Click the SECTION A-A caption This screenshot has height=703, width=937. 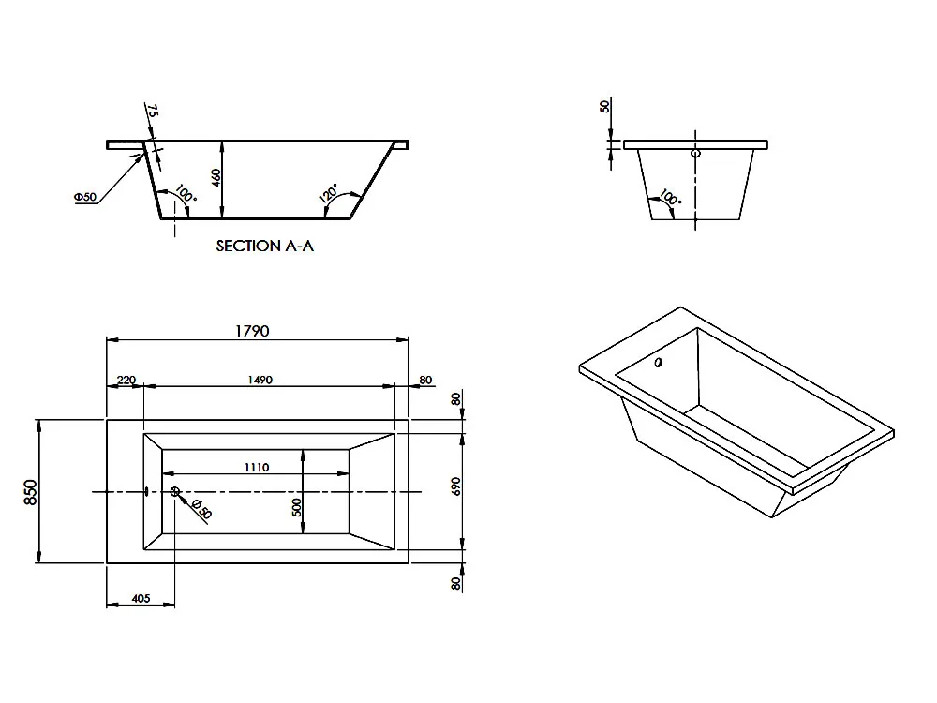(x=265, y=246)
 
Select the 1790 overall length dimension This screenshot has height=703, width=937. (x=252, y=331)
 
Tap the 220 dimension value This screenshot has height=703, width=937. (x=126, y=380)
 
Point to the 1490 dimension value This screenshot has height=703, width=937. (x=260, y=380)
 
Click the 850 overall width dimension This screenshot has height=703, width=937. (x=31, y=492)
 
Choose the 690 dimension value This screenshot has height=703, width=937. (x=456, y=486)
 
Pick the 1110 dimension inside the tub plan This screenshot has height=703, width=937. (x=257, y=467)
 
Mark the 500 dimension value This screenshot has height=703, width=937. (x=297, y=507)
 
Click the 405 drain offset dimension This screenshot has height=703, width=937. (x=141, y=598)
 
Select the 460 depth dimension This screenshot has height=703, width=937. (x=216, y=177)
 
